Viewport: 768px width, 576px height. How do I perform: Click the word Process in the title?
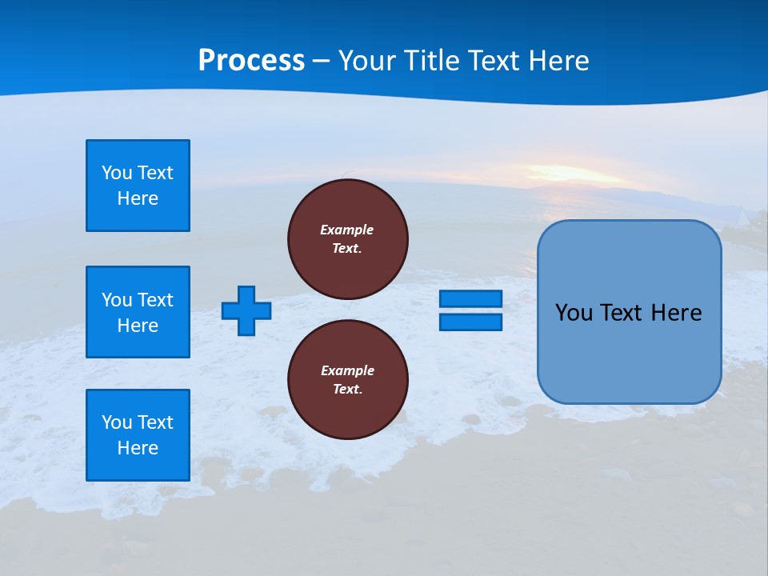click(x=251, y=61)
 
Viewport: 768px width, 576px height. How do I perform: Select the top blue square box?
click(x=138, y=186)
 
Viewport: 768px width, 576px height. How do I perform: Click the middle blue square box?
click(x=138, y=312)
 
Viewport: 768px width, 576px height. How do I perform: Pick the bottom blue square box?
click(x=138, y=435)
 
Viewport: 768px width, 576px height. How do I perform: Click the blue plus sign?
click(x=246, y=310)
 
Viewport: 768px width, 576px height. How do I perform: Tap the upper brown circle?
click(x=348, y=239)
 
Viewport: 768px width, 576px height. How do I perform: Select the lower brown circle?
click(x=348, y=379)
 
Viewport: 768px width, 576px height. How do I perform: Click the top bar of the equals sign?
click(x=470, y=299)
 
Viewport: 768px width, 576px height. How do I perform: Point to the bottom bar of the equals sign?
click(x=470, y=322)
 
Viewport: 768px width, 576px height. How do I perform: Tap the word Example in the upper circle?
click(x=347, y=230)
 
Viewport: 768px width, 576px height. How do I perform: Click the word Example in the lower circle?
click(x=347, y=370)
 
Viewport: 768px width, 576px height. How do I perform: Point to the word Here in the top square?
click(x=138, y=198)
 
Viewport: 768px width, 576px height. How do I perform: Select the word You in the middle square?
click(x=116, y=300)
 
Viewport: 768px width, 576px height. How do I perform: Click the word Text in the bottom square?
click(x=155, y=422)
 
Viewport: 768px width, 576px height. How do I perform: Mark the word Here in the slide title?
click(x=560, y=61)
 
